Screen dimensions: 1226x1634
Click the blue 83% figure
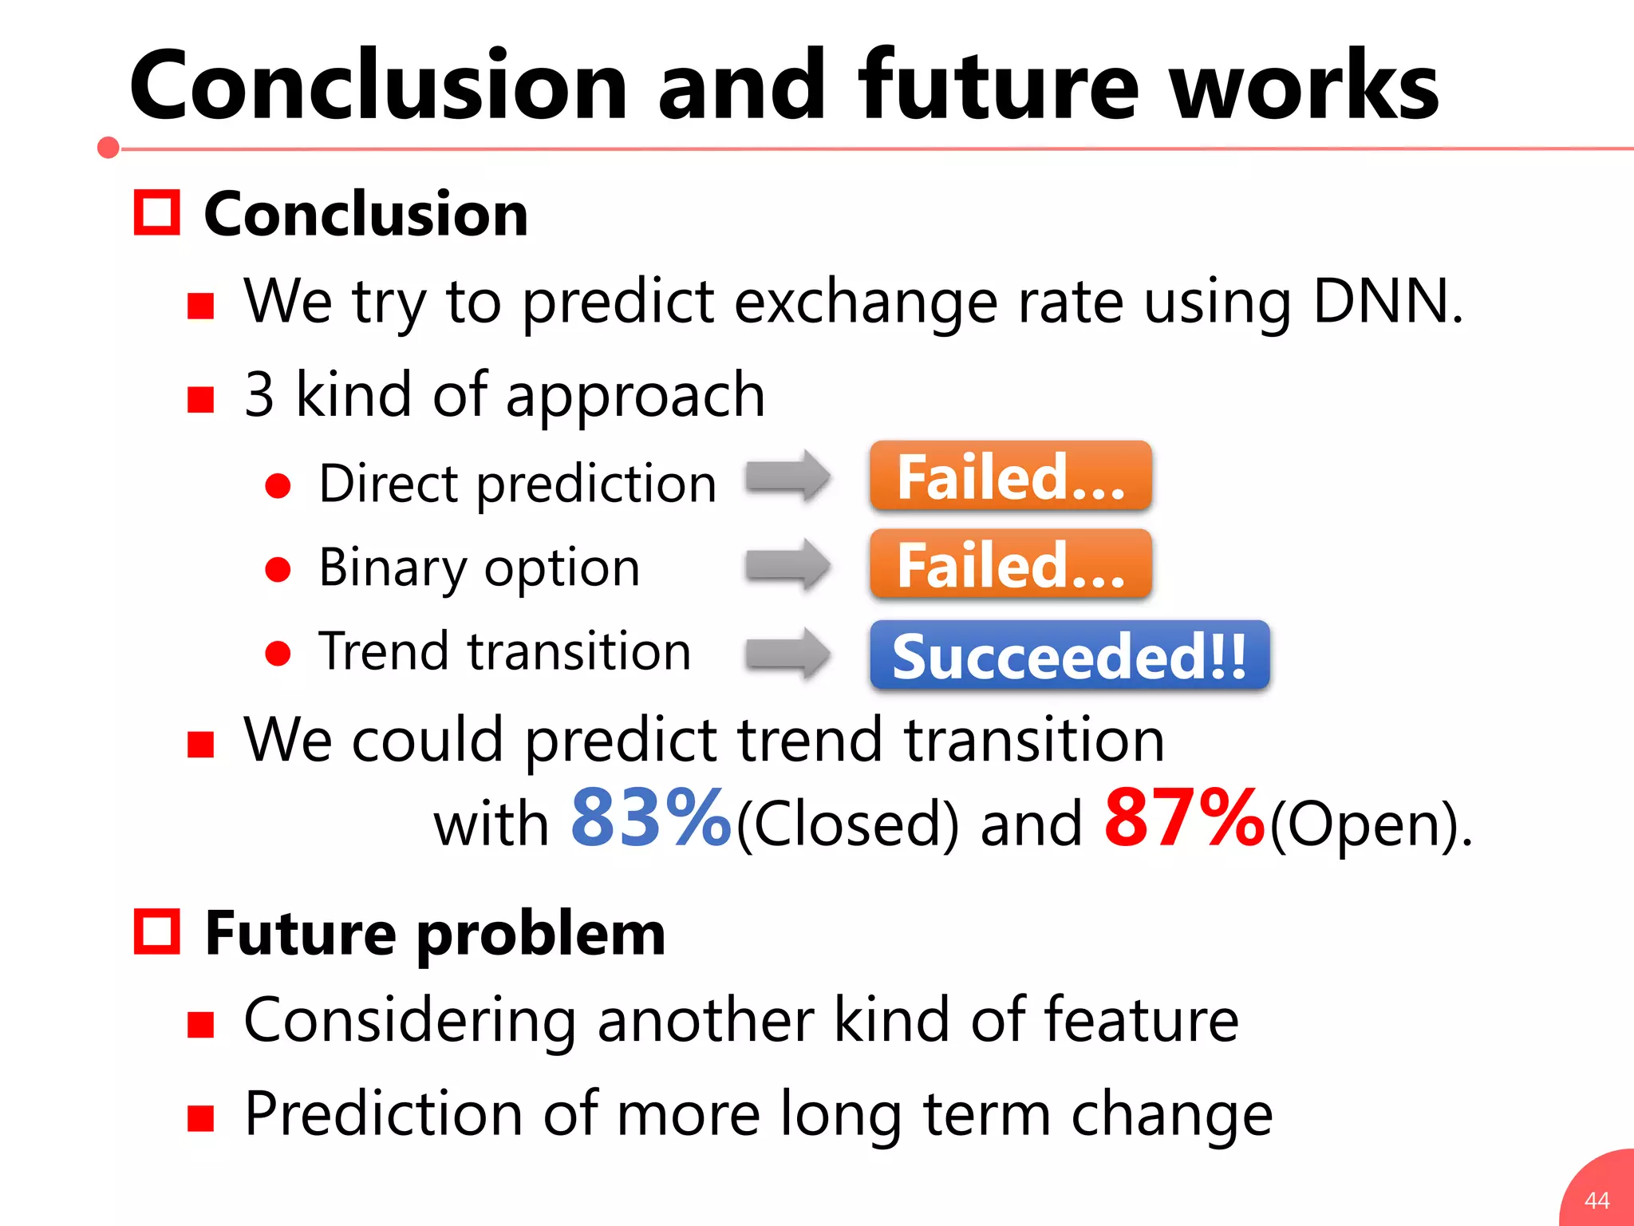(650, 817)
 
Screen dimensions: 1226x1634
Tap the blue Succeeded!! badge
(1068, 655)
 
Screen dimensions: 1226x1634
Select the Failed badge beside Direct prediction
(1010, 477)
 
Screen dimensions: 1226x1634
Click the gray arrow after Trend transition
(787, 654)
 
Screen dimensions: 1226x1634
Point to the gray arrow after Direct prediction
(787, 477)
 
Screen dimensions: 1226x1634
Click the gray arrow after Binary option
(787, 565)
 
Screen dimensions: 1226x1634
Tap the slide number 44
(1597, 1200)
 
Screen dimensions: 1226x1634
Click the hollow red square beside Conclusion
(156, 213)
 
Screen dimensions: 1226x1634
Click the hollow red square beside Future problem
(156, 931)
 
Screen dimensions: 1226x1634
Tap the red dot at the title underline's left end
(109, 148)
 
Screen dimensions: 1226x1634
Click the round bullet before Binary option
(278, 569)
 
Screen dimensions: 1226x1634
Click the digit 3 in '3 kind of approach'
(259, 395)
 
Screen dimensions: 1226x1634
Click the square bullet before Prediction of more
(200, 1118)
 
